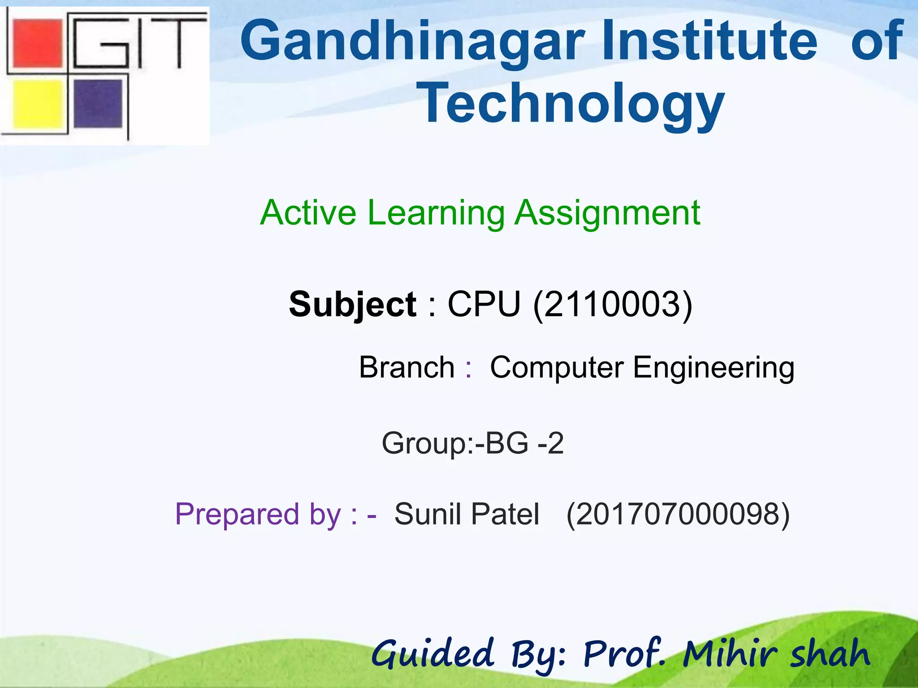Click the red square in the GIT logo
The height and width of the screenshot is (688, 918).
click(38, 43)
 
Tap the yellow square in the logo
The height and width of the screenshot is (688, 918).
click(38, 104)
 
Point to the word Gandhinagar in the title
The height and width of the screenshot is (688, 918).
click(413, 41)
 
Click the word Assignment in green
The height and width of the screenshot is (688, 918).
click(607, 213)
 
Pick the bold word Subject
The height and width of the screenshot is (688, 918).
click(353, 305)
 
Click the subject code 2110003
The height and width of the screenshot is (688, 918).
click(613, 305)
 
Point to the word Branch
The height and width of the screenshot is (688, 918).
click(407, 367)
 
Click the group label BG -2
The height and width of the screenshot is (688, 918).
click(524, 443)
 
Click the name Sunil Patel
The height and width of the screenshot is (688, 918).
click(467, 514)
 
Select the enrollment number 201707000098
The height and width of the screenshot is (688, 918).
click(678, 514)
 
